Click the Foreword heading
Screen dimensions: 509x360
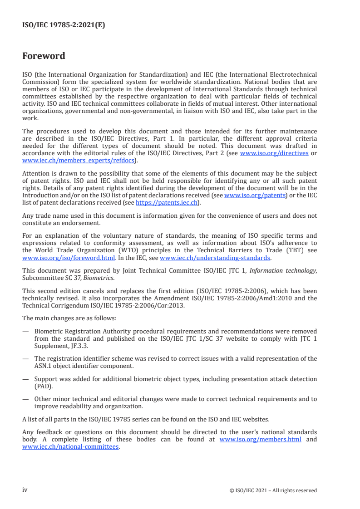coord(44,56)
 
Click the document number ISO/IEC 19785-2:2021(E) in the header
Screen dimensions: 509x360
coord(64,26)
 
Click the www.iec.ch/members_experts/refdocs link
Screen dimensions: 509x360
coord(78,160)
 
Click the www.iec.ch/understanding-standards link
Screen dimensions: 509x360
coord(215,257)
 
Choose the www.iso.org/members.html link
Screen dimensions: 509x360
coord(260,439)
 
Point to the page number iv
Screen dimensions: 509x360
coord(25,490)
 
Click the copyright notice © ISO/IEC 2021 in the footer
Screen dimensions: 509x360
coord(273,490)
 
